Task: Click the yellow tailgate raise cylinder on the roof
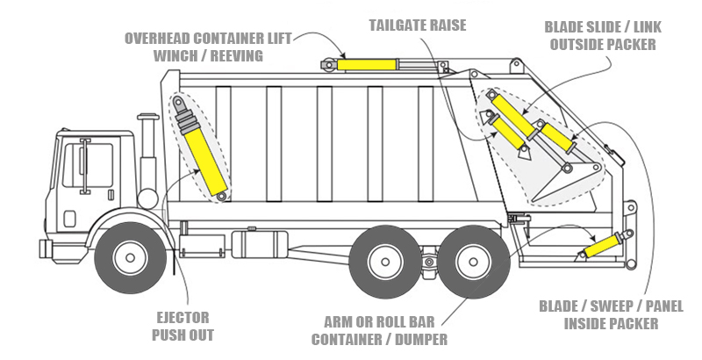tap(367, 64)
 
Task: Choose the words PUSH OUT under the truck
tap(183, 335)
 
